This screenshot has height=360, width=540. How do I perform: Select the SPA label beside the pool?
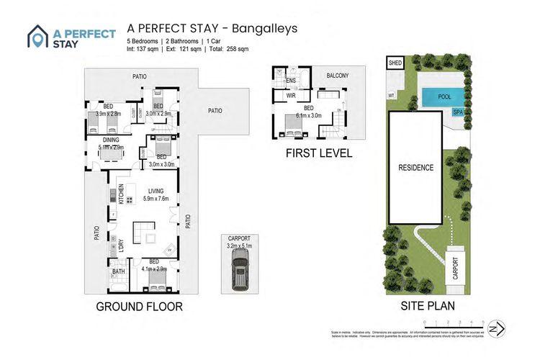click(x=458, y=112)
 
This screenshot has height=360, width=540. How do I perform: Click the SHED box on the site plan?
click(x=395, y=63)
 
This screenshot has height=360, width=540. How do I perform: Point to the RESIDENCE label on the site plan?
click(x=416, y=168)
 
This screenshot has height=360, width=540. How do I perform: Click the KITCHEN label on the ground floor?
click(x=122, y=195)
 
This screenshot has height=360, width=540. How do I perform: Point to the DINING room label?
click(x=111, y=140)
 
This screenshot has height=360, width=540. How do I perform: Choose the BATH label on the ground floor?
click(x=118, y=271)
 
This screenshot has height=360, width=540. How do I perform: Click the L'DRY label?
click(x=121, y=245)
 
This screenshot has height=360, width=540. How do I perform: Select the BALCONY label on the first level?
click(x=337, y=76)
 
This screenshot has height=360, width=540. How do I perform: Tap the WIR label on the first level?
click(x=292, y=95)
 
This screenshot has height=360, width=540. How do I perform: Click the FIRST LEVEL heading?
click(x=318, y=153)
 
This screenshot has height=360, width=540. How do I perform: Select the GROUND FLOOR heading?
click(x=139, y=307)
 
